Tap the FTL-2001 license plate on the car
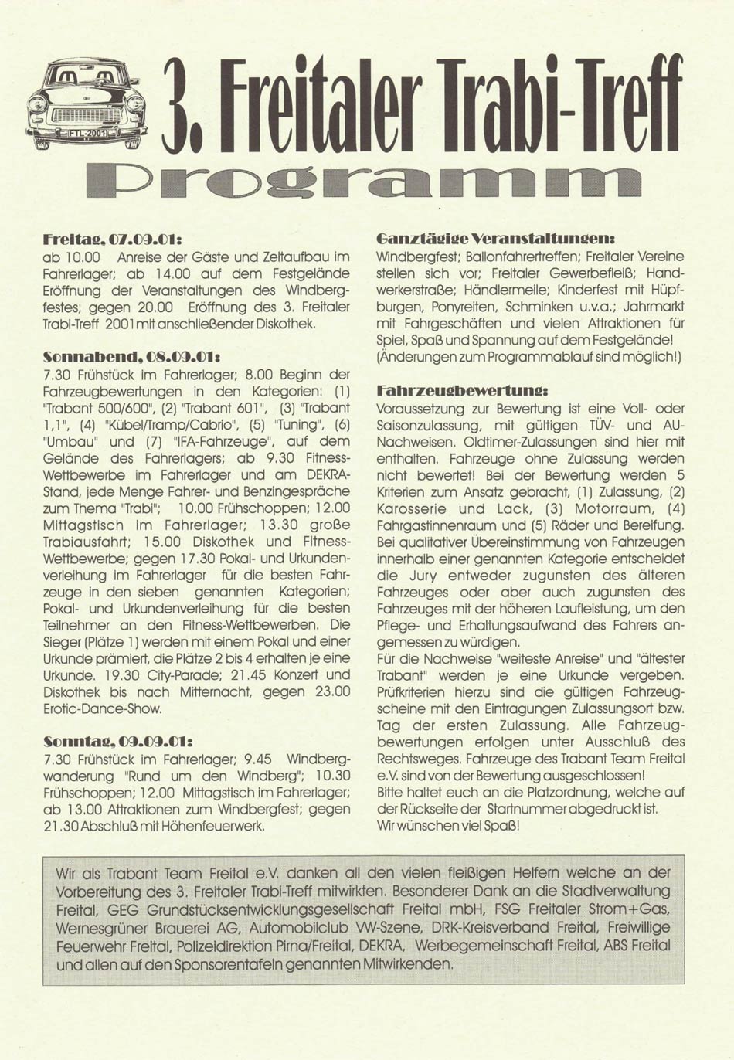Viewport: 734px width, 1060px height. [x=87, y=133]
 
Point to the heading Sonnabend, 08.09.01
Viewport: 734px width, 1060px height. [x=133, y=358]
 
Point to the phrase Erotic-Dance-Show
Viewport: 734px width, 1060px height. [x=103, y=708]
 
